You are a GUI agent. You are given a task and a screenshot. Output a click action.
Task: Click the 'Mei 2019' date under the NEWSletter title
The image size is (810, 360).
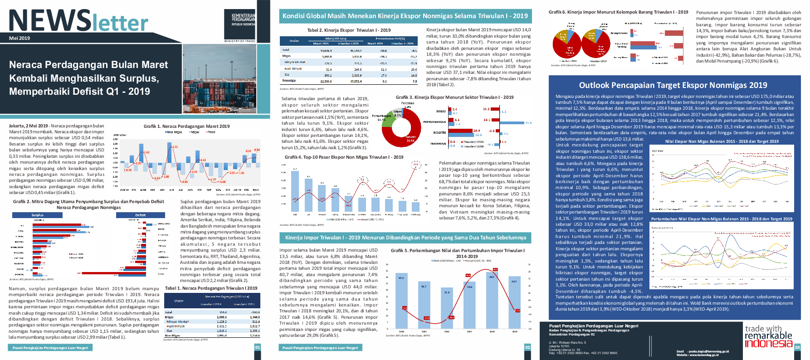tap(20, 38)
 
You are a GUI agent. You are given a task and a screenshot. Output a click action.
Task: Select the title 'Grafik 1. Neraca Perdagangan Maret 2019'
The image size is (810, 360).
tap(186, 126)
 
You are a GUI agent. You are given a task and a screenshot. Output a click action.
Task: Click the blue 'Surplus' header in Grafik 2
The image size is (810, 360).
tap(37, 215)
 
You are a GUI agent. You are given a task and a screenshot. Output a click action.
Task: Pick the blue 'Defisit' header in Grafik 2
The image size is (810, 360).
tap(140, 215)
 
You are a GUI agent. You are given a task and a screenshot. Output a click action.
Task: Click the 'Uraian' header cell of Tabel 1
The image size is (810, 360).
tap(179, 301)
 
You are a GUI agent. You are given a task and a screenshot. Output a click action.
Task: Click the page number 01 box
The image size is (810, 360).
tap(257, 347)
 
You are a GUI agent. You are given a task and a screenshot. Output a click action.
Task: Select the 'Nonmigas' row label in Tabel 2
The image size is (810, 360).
tap(289, 81)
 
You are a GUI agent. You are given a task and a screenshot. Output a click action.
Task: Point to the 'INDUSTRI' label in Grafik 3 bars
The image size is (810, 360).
tap(439, 133)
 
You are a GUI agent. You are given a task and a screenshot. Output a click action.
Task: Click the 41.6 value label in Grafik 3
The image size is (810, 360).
tap(528, 123)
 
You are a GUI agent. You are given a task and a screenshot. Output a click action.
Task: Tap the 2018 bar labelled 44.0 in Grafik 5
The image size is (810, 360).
tap(492, 299)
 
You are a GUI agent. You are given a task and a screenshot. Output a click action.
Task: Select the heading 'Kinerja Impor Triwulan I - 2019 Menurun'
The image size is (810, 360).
tap(405, 238)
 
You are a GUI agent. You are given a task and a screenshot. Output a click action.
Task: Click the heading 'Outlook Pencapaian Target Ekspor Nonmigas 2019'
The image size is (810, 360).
tap(673, 85)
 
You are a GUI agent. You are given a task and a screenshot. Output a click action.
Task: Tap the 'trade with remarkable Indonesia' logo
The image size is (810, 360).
tap(768, 336)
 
